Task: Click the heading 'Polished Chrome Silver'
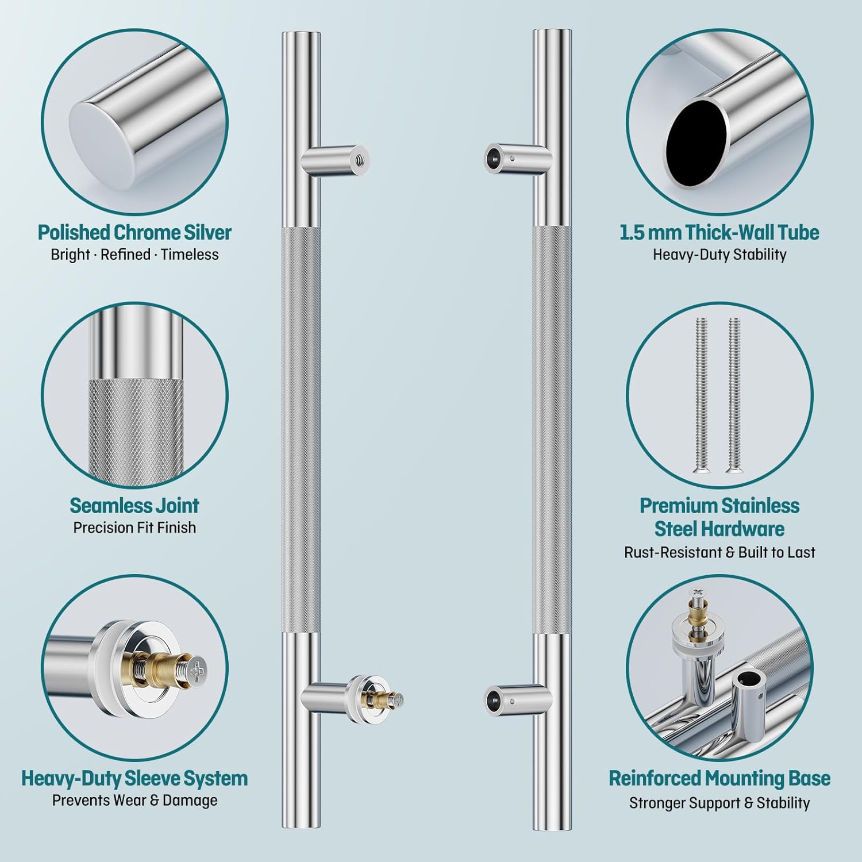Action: tap(134, 232)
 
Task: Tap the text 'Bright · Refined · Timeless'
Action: tap(134, 255)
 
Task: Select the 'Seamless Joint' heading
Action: tap(134, 505)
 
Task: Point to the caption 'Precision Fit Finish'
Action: tap(134, 528)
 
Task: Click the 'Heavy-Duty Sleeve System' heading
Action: tap(134, 778)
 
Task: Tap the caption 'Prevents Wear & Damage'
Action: tap(134, 801)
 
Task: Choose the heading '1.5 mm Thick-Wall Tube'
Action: tap(719, 232)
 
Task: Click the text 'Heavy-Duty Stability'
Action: tap(719, 255)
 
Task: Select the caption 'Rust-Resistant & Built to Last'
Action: tap(719, 552)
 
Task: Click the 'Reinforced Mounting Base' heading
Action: tap(719, 778)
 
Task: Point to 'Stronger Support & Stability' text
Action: tap(719, 803)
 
